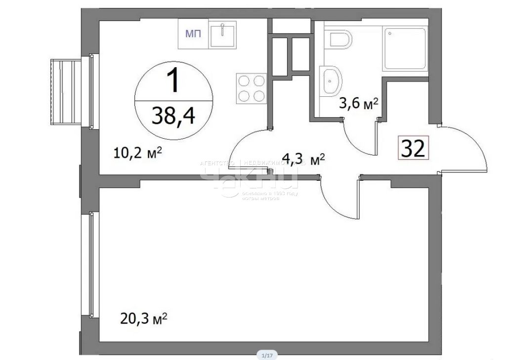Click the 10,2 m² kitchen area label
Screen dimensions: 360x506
(138, 153)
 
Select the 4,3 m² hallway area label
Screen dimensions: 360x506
(302, 160)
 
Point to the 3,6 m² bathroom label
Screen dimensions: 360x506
(358, 104)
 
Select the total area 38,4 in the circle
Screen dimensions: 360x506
(174, 117)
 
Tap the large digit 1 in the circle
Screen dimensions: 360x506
(173, 81)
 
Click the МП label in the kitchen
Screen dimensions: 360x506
(193, 34)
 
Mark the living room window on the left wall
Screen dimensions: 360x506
(91, 264)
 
